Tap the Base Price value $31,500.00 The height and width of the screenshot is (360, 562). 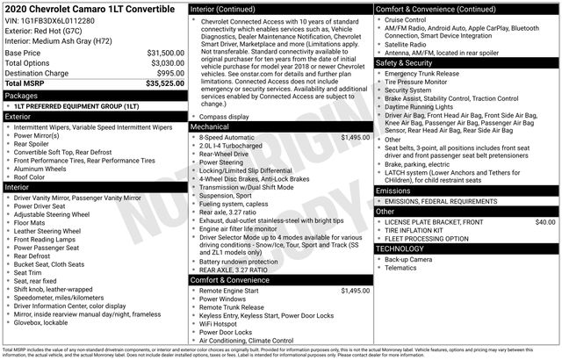(x=159, y=53)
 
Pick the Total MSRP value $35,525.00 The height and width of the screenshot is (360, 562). (x=159, y=84)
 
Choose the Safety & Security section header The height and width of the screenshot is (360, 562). (x=408, y=63)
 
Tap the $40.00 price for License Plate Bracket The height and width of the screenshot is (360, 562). (x=544, y=222)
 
